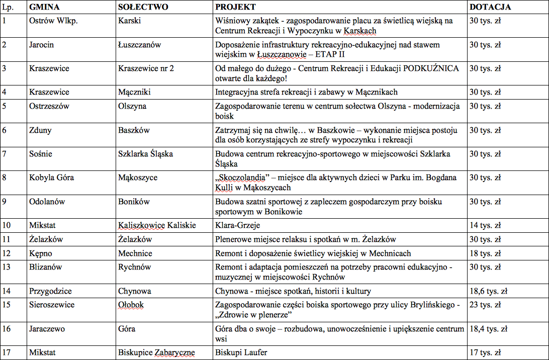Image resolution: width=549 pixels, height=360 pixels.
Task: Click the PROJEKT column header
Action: (x=235, y=7)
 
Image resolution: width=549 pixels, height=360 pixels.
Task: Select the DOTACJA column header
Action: (x=490, y=7)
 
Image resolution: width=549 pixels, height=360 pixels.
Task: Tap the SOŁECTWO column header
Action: (x=143, y=7)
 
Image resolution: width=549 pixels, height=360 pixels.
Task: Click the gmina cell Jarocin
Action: (x=42, y=45)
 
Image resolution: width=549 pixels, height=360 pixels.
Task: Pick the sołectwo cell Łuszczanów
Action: (x=140, y=45)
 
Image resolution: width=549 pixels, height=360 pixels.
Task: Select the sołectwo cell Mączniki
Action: (x=134, y=92)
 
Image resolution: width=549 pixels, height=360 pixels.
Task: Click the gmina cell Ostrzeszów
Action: (x=49, y=106)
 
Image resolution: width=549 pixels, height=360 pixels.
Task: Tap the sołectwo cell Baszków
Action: (x=134, y=130)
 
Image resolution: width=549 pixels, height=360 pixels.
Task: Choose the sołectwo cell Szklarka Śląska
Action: (x=145, y=153)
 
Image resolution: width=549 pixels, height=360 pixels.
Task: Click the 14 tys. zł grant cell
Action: (x=485, y=225)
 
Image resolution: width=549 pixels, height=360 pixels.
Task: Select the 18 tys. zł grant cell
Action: (x=485, y=253)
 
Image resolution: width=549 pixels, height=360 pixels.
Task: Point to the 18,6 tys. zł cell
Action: (x=488, y=291)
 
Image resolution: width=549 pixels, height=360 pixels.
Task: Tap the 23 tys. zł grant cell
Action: (x=485, y=305)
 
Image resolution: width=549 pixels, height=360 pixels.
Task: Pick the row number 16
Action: (x=7, y=329)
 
